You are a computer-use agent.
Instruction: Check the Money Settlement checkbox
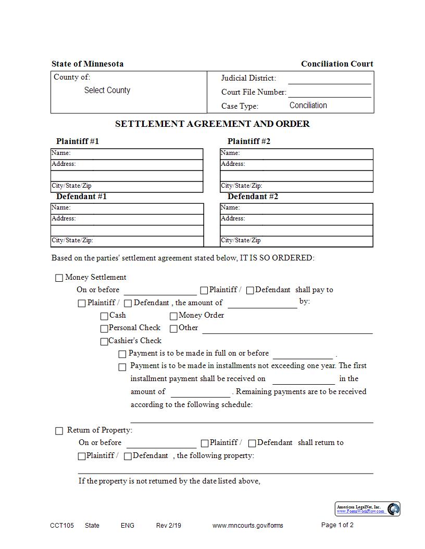[59, 278]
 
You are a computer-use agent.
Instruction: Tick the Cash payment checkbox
[105, 316]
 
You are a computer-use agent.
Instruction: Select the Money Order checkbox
[174, 316]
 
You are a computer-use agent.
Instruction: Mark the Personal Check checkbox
[105, 329]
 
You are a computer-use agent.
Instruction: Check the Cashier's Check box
[105, 342]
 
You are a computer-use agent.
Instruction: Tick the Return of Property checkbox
[59, 431]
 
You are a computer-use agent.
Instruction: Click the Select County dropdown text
[107, 90]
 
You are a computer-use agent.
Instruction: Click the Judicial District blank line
[329, 79]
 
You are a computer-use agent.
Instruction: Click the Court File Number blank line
[329, 93]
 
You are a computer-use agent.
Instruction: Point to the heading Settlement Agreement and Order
[212, 124]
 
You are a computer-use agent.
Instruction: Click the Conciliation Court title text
[337, 64]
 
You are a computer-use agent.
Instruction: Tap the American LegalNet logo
[368, 509]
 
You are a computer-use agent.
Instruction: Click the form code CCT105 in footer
[62, 526]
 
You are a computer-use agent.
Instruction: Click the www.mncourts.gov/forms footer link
[248, 526]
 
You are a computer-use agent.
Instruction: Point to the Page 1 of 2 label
[337, 525]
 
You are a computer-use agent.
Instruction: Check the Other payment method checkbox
[174, 329]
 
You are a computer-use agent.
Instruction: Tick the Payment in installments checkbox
[122, 367]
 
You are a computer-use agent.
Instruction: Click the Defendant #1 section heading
[81, 197]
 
